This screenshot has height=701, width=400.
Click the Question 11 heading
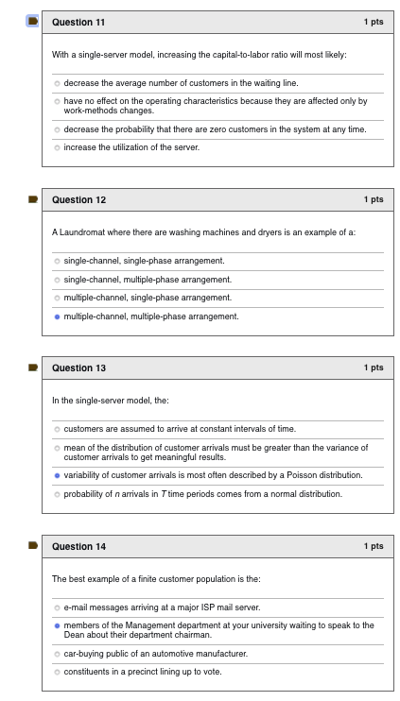pos(78,22)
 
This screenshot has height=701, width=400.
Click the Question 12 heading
pos(78,200)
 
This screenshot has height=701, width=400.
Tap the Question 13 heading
pos(78,368)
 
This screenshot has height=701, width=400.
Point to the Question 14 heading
pos(78,547)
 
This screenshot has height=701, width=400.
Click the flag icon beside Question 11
pos(32,21)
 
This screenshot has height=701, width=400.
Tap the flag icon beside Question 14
pos(32,546)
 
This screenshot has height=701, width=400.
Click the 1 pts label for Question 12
pos(373,200)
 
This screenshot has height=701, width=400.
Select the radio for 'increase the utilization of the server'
pos(57,147)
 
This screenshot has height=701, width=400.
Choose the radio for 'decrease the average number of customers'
pos(57,83)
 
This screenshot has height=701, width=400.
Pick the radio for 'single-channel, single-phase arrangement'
pos(57,261)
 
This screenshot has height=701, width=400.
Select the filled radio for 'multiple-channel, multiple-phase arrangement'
pos(57,316)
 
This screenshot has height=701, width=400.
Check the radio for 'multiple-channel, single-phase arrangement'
pos(57,298)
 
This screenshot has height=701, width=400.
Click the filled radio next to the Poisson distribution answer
pos(57,475)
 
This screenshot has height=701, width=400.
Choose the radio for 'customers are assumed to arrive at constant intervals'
pos(57,429)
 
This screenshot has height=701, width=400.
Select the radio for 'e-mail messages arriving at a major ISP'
pos(57,607)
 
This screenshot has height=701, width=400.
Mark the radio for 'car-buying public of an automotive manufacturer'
pos(57,653)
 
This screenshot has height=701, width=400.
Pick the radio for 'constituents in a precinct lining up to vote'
pos(57,672)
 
